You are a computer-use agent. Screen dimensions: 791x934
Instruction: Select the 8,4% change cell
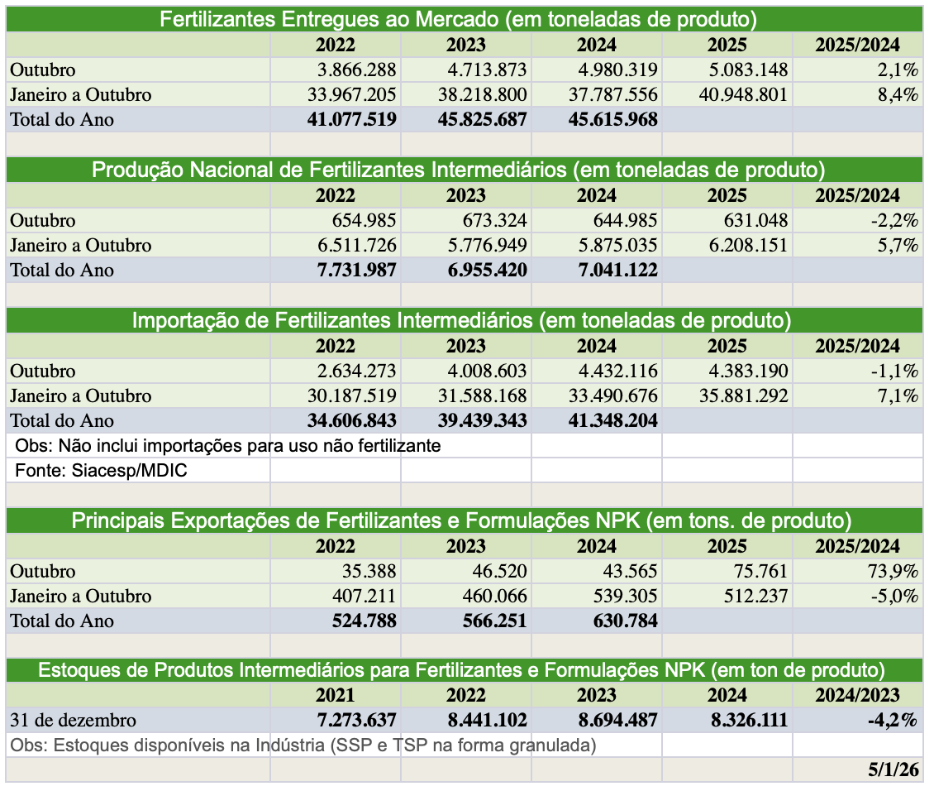click(x=898, y=94)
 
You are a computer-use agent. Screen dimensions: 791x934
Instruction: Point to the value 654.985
click(x=357, y=220)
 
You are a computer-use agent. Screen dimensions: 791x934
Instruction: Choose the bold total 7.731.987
click(x=351, y=270)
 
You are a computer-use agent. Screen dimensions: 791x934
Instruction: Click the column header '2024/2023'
click(x=857, y=696)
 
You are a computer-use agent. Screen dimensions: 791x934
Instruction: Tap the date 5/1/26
click(x=893, y=769)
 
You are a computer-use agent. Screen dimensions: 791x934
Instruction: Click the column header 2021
click(x=336, y=696)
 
